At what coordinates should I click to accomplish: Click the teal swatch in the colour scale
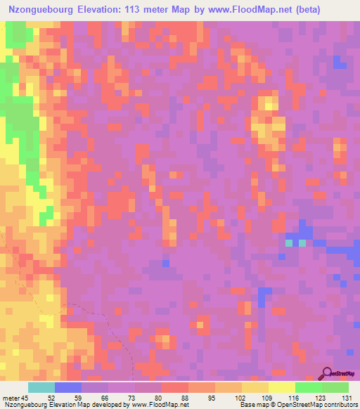(x=41, y=387)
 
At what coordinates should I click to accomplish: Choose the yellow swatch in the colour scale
(x=282, y=387)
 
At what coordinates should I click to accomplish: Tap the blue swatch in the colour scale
(x=68, y=387)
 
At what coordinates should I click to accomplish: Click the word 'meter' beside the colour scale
(x=11, y=398)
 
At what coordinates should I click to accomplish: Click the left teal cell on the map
(x=288, y=243)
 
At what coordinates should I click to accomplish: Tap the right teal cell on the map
(x=303, y=243)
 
